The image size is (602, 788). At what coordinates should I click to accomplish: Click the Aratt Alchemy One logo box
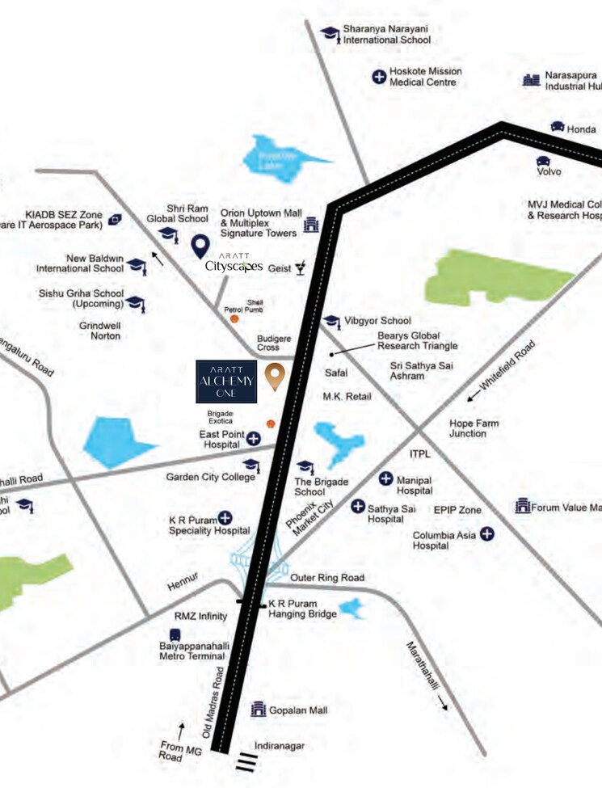tap(226, 381)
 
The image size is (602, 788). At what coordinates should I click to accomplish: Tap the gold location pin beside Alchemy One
tap(275, 376)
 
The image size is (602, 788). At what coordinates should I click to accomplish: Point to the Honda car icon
tap(558, 127)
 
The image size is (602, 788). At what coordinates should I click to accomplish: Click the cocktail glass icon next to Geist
tap(301, 268)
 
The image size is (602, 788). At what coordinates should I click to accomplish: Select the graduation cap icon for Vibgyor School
tap(331, 321)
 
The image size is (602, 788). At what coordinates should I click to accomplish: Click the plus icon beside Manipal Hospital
tap(386, 479)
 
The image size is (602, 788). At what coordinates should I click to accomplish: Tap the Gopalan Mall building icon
tap(259, 710)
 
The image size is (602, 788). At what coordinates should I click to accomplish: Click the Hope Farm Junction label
tap(474, 428)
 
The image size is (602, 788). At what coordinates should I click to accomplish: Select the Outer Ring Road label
tap(327, 578)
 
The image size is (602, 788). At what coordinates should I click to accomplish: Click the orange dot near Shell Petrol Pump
tap(234, 319)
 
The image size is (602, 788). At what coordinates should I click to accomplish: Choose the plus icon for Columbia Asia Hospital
tap(487, 534)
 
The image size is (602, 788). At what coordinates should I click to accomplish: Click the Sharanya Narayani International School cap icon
tap(329, 33)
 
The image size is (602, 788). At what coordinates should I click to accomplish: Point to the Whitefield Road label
tap(512, 369)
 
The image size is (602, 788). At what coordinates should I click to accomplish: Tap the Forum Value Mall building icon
tap(523, 507)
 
